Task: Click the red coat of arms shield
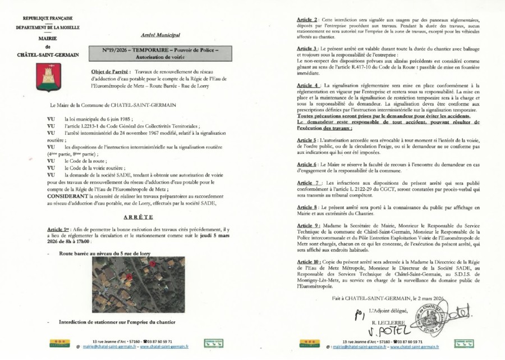48,77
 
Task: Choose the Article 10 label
310,262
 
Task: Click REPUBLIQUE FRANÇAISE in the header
48,19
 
